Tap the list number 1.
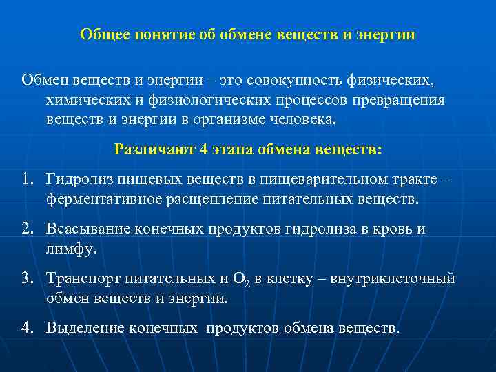(28, 179)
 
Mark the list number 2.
(28, 229)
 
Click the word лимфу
(71, 248)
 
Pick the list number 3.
(28, 278)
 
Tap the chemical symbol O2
(242, 280)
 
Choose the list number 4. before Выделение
(28, 328)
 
